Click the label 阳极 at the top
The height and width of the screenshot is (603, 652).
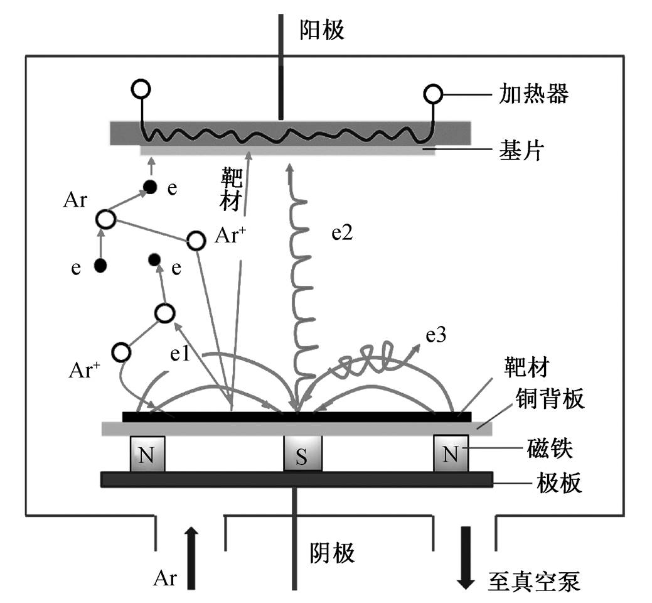[x=322, y=30]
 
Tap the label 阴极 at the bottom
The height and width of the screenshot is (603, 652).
[x=332, y=553]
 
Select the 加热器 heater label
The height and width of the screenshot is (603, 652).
[x=533, y=94]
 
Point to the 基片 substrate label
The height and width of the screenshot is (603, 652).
[x=521, y=150]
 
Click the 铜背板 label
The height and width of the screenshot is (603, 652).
[x=550, y=398]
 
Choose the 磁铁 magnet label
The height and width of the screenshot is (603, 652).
[x=549, y=448]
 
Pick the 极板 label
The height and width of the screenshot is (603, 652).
[x=558, y=483]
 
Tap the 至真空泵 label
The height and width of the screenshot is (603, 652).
[x=533, y=581]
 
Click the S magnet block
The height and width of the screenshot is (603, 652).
[x=302, y=454]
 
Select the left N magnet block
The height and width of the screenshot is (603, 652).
[x=147, y=454]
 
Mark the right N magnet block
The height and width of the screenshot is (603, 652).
[x=451, y=454]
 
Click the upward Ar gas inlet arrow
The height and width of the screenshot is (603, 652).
[x=191, y=558]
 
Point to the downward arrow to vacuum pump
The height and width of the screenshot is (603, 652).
[x=466, y=558]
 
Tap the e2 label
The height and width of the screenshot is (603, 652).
[x=342, y=234]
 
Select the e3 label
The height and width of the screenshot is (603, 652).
[x=436, y=335]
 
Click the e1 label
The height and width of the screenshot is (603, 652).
[x=180, y=354]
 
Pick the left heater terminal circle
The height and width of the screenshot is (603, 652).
[x=141, y=89]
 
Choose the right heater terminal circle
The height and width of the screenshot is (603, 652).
[x=433, y=94]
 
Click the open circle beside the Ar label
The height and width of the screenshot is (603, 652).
[x=105, y=219]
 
